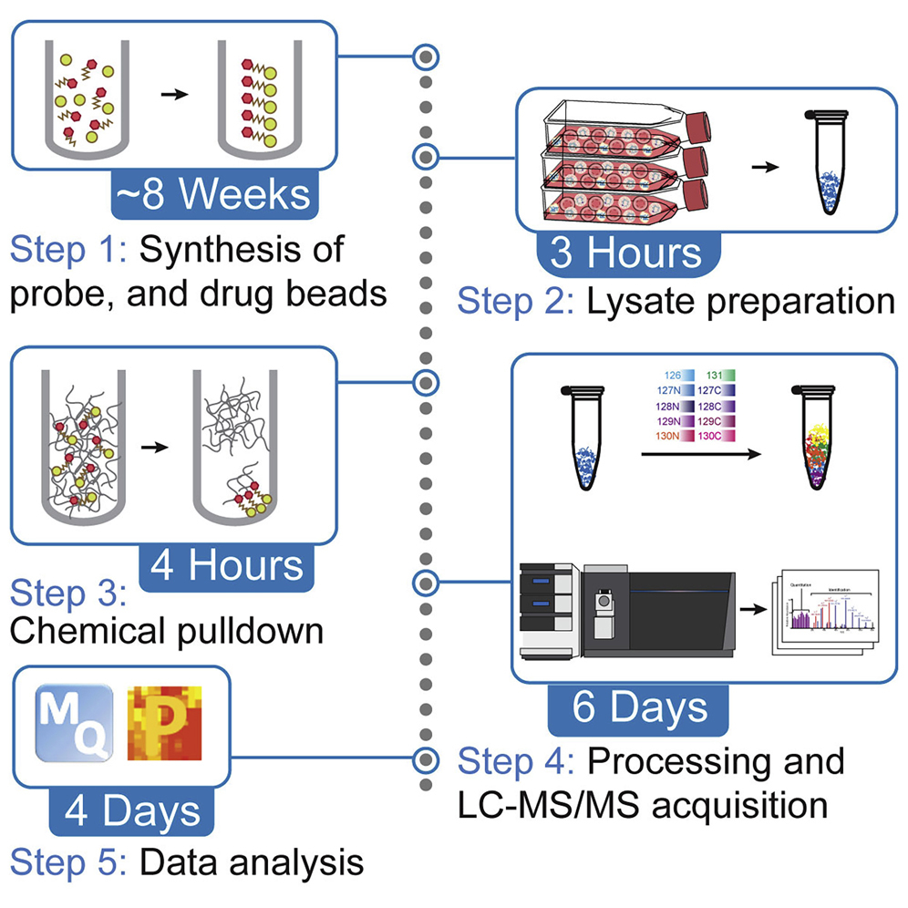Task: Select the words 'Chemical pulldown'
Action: tap(168, 631)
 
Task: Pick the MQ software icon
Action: tap(74, 724)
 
